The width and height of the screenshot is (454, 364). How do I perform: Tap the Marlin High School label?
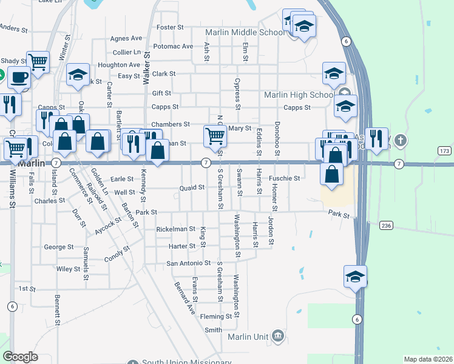(298, 95)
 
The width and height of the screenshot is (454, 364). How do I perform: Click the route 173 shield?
(444, 150)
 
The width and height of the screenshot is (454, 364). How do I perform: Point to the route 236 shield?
(386, 226)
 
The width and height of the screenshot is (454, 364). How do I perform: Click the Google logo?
(20, 356)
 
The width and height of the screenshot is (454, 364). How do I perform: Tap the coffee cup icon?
(18, 78)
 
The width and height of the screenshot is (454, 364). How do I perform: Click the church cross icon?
(399, 141)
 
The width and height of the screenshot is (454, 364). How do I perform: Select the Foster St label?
(170, 28)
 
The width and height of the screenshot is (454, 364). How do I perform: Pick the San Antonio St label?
(188, 264)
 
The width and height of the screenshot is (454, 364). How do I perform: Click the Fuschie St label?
(285, 178)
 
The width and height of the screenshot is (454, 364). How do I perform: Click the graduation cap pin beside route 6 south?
(355, 276)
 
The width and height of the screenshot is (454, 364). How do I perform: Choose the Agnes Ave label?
(126, 38)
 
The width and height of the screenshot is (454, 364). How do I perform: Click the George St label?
(59, 248)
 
